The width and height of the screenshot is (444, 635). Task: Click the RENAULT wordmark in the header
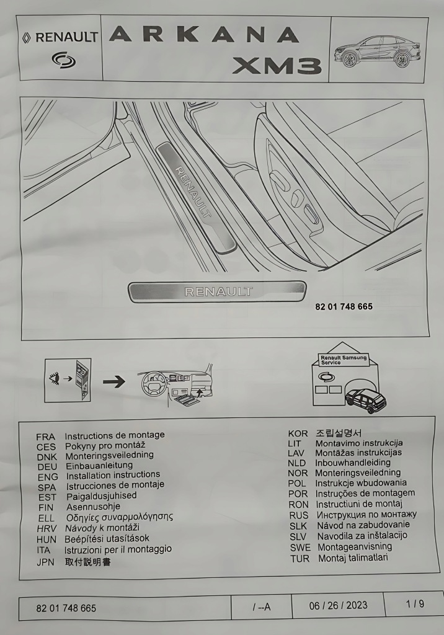pos(66,37)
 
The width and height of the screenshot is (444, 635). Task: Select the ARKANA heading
pos(204,35)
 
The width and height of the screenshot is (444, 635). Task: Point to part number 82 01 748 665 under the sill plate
pos(344,307)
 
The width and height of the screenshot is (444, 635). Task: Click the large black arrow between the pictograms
pos(113,381)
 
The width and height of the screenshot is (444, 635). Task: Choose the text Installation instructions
pos(113,476)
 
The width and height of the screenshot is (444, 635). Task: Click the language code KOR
pos(298,433)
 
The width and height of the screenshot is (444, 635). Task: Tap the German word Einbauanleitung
pos(99,466)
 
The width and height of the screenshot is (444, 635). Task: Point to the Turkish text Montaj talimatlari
pos(353,558)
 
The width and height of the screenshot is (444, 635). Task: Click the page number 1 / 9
pos(415,604)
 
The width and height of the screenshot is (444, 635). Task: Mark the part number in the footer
pos(66,608)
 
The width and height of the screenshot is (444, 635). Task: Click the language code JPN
pos(47,562)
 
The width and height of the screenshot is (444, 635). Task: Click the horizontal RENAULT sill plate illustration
pos(218,291)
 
